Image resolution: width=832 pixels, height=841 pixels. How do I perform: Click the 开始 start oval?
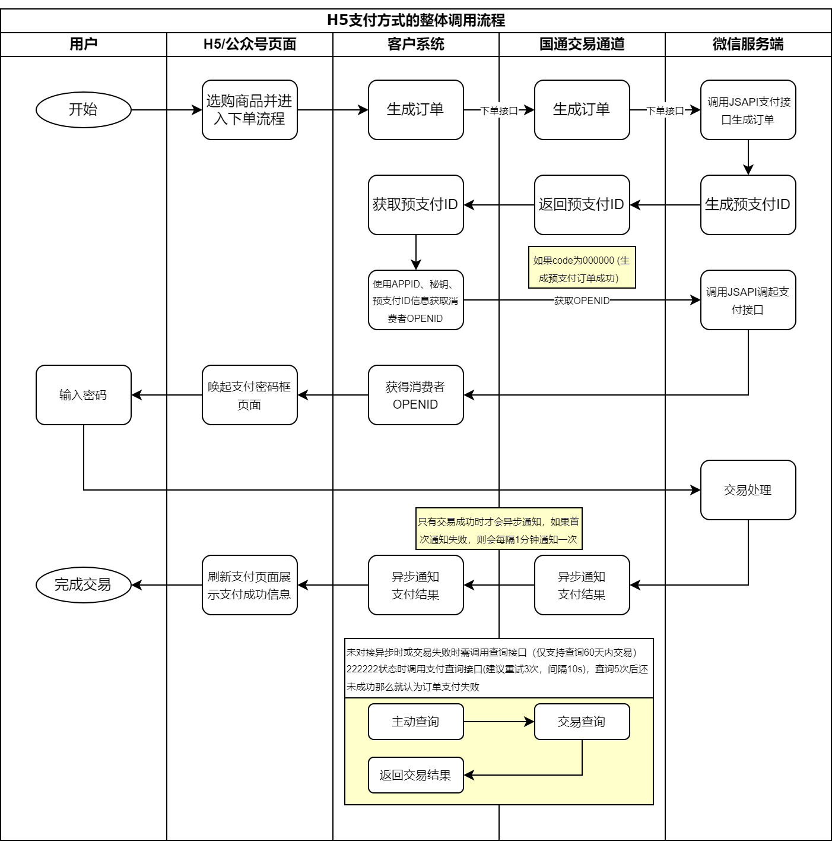tap(83, 110)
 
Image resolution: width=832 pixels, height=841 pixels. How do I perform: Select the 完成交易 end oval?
tap(83, 585)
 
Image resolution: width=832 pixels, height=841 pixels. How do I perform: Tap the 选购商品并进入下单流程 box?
tap(249, 110)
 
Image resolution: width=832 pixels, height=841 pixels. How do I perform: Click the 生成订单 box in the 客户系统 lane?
tap(415, 110)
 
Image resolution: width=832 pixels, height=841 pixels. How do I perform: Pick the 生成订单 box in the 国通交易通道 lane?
tap(582, 110)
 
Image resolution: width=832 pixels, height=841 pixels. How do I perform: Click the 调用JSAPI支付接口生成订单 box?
tap(748, 110)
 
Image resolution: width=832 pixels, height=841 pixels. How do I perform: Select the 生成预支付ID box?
tap(748, 205)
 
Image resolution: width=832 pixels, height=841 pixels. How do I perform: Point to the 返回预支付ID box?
tap(582, 205)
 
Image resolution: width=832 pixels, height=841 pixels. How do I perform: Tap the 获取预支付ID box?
tap(415, 205)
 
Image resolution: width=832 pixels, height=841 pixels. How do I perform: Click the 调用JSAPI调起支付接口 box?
tap(748, 300)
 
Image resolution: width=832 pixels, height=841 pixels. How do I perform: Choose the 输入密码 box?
tap(83, 395)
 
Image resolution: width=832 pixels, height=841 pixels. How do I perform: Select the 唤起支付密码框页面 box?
tap(249, 395)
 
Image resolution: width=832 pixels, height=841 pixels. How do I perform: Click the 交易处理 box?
tap(748, 490)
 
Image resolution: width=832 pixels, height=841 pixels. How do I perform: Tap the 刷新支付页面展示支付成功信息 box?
tap(249, 585)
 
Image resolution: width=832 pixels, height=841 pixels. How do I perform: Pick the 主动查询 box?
tap(415, 722)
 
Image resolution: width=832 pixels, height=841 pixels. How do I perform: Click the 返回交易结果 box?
tap(415, 775)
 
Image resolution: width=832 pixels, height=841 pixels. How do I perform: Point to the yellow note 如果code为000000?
tap(582, 268)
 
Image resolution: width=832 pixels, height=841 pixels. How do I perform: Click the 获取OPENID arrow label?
tap(582, 301)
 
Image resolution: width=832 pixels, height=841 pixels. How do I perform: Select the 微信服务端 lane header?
tap(748, 45)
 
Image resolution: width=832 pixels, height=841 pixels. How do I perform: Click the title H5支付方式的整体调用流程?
tap(416, 21)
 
